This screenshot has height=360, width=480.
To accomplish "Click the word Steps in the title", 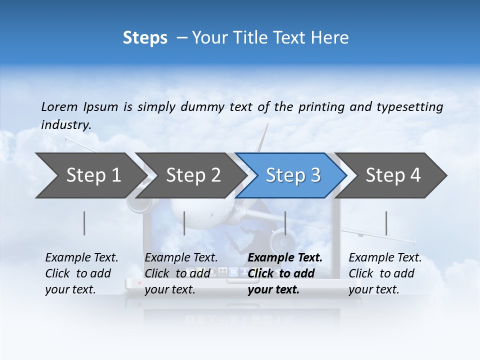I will [x=145, y=38].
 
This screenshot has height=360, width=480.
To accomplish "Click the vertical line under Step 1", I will [x=84, y=223].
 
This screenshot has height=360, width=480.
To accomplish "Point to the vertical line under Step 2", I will [x=184, y=223].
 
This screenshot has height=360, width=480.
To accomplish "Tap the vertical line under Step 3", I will [x=285, y=223].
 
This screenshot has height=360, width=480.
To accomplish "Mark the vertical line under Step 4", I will [x=386, y=223].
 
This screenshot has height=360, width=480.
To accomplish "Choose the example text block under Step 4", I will [x=385, y=273].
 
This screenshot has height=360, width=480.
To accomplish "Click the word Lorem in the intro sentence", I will [x=59, y=106].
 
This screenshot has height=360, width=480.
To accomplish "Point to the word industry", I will [x=66, y=125].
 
